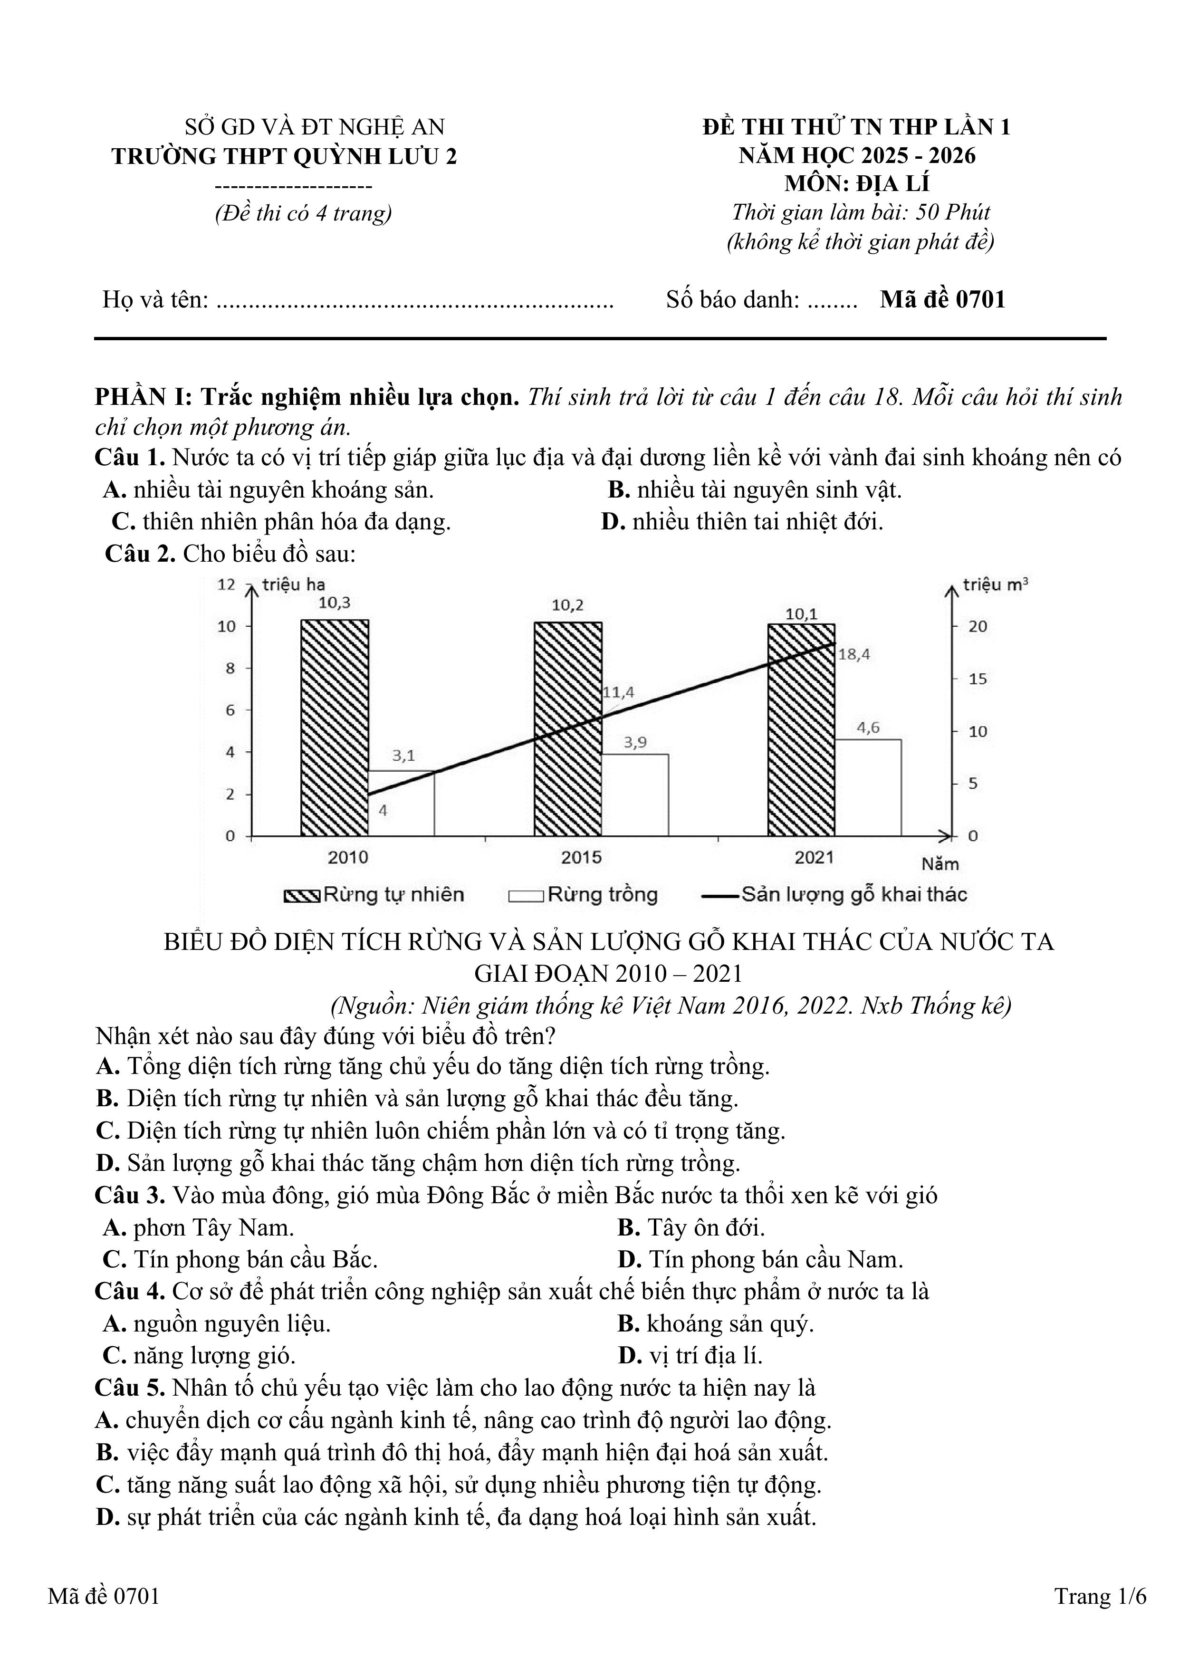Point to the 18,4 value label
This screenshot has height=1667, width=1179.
pos(854,654)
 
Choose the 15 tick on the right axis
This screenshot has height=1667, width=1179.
pos(978,679)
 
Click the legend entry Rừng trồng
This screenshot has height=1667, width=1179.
pos(583,894)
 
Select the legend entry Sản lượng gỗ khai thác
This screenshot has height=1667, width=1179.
pos(835,894)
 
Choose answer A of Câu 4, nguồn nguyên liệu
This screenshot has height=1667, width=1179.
pos(217,1323)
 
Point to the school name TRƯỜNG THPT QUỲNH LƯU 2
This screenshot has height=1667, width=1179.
pos(285,156)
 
